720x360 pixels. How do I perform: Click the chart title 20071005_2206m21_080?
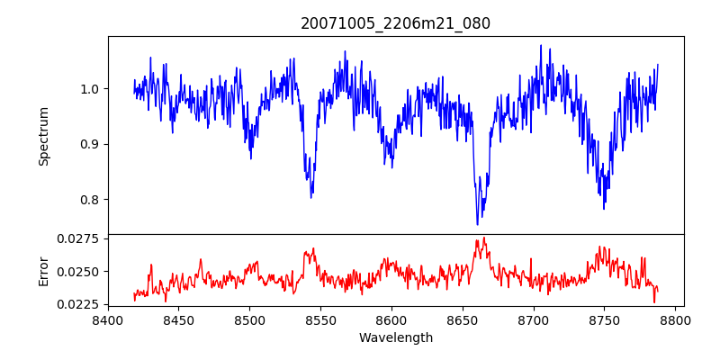[395, 23]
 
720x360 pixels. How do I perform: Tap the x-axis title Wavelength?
[395, 338]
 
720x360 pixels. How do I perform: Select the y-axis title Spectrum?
[43, 135]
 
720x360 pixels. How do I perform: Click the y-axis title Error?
[43, 270]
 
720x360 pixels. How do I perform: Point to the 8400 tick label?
[108, 319]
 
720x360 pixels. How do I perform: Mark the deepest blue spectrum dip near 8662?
[478, 224]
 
